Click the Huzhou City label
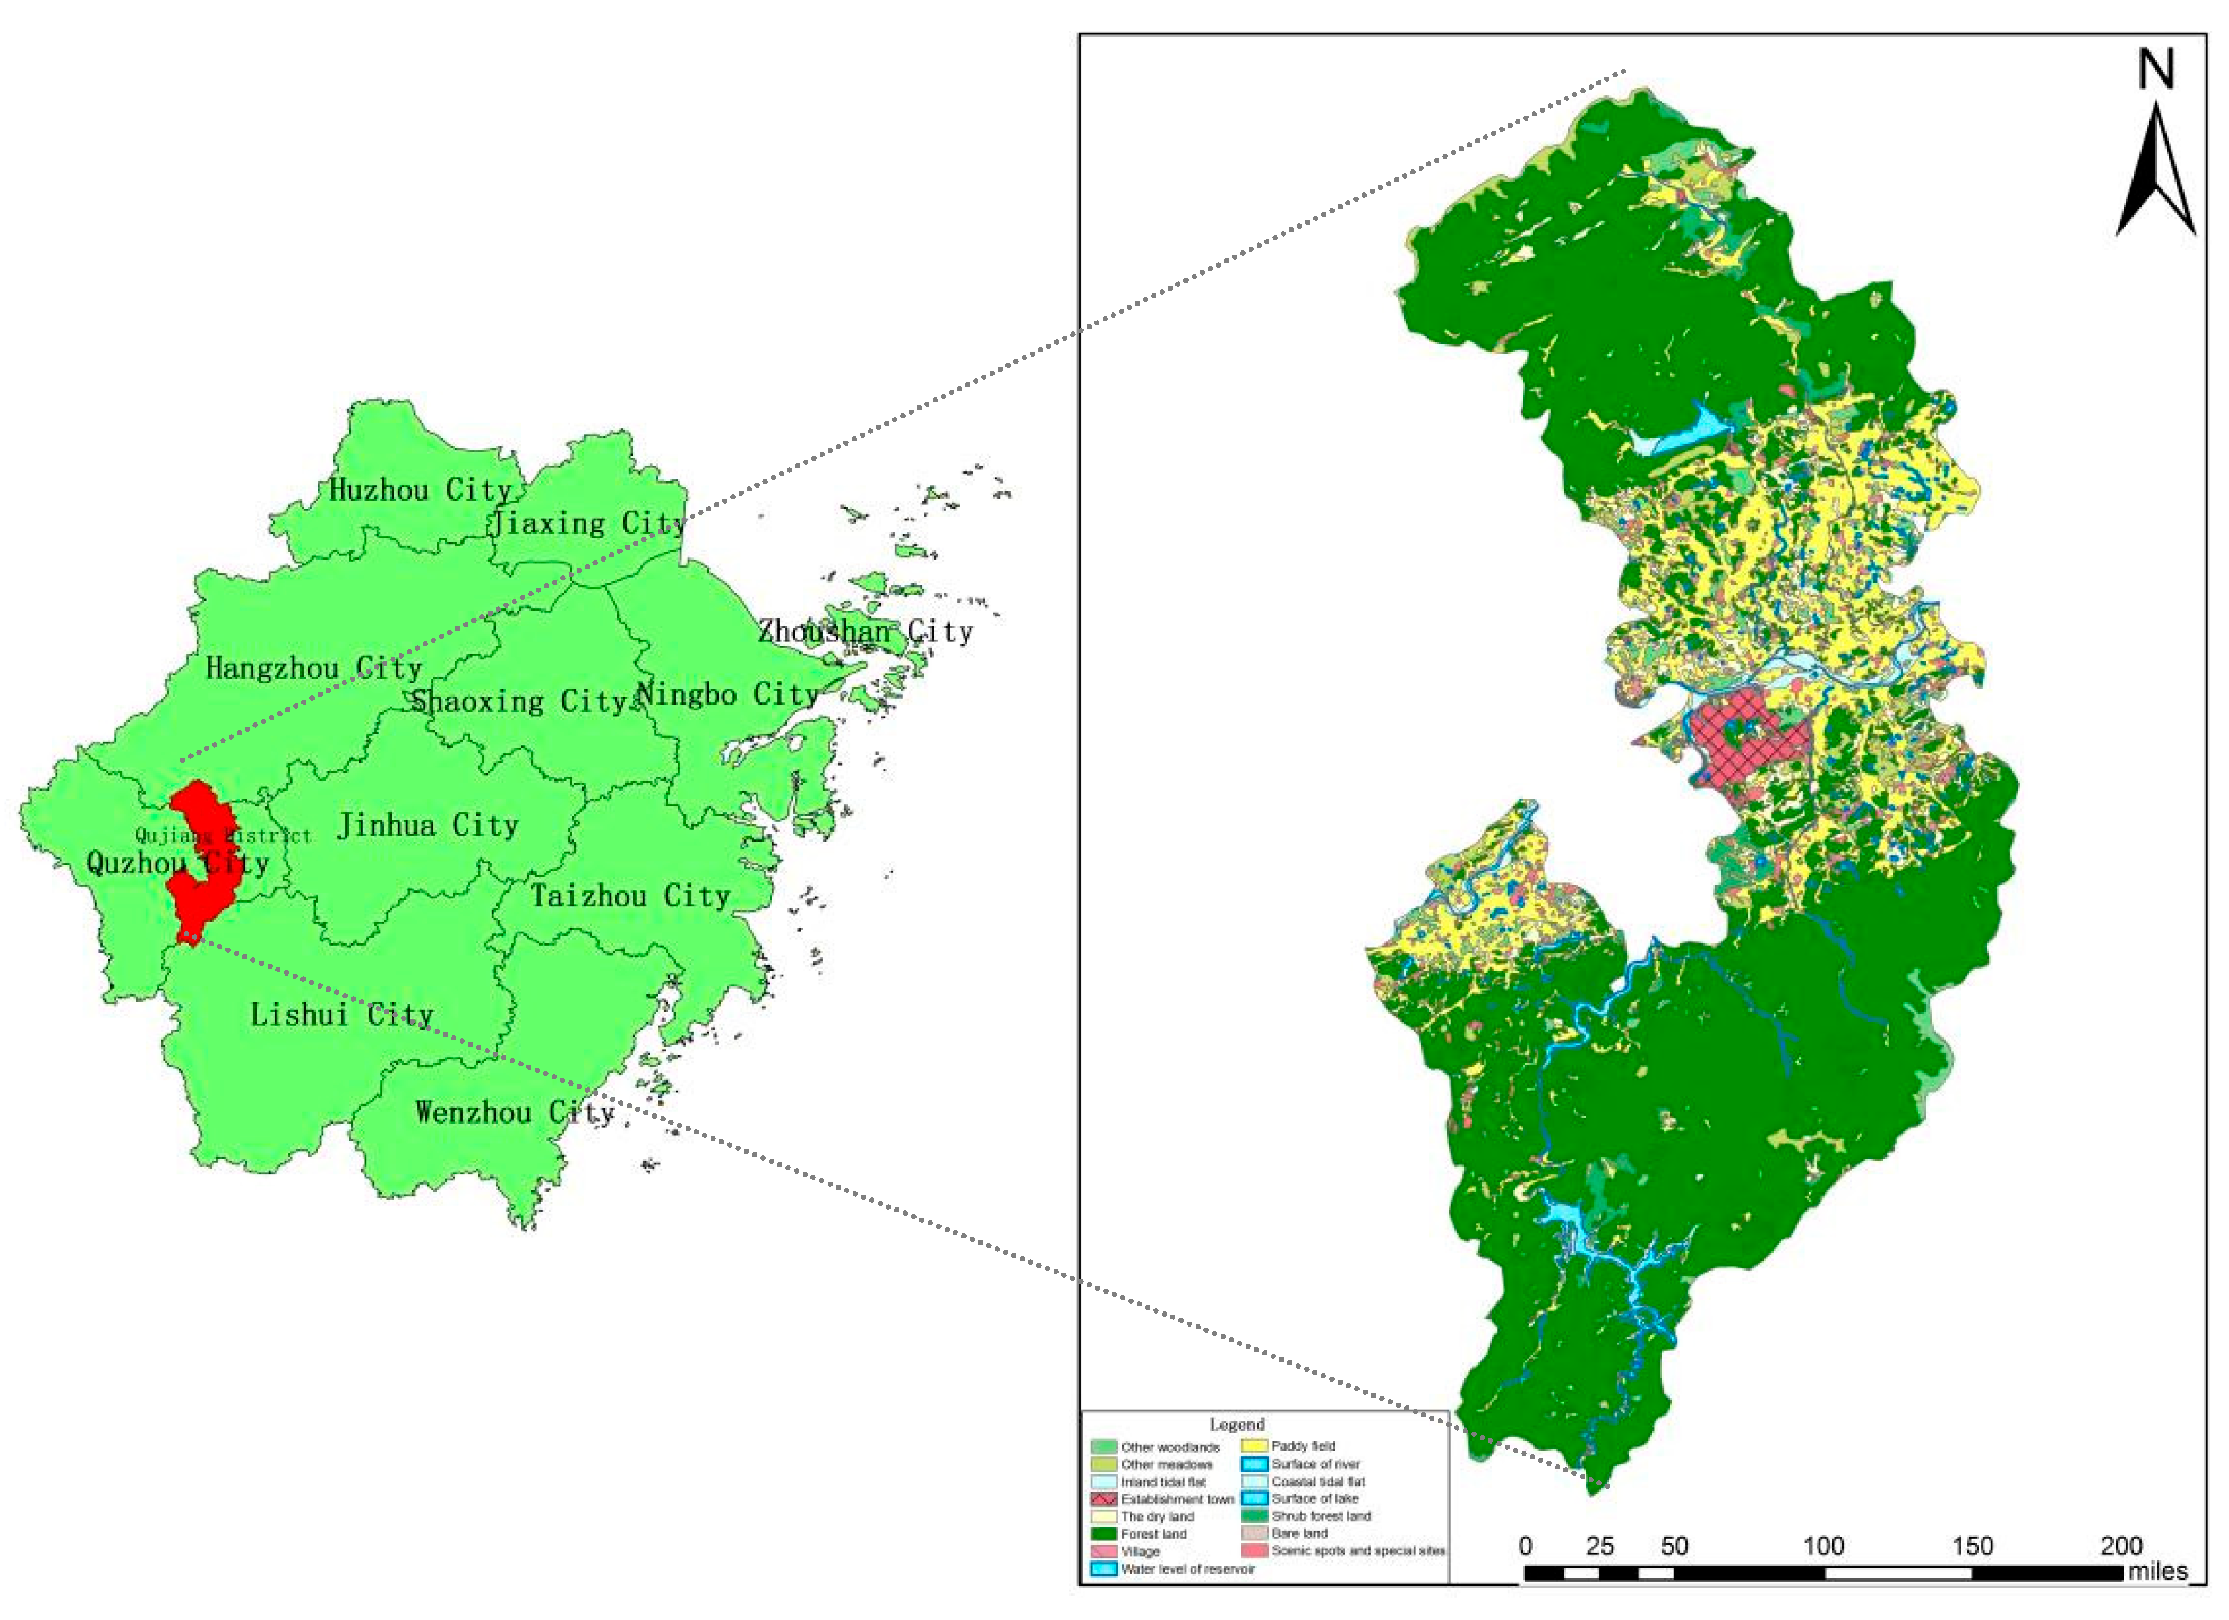(420, 489)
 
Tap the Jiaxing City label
(587, 522)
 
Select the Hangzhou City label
(313, 669)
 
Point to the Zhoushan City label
(865, 631)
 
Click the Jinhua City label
(427, 825)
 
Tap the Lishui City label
(341, 1014)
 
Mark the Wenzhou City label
(514, 1113)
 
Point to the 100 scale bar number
(1822, 1546)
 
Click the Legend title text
(1236, 1424)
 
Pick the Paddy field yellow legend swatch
(1254, 1446)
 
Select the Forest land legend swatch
(1104, 1533)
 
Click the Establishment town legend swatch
(1104, 1499)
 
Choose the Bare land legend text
(1300, 1533)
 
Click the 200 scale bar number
(2121, 1546)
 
